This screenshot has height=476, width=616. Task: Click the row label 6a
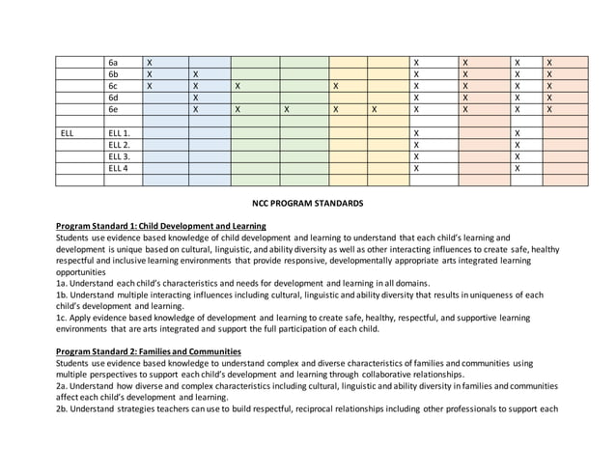(113, 62)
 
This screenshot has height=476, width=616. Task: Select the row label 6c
(113, 85)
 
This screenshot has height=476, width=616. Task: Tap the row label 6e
(113, 109)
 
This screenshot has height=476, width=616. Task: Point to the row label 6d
(113, 98)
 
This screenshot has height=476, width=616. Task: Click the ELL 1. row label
(120, 132)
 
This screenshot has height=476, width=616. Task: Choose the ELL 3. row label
(120, 156)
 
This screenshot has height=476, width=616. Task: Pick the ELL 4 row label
(119, 168)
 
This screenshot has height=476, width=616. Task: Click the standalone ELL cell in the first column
(67, 132)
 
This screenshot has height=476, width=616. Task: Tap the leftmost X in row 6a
(150, 62)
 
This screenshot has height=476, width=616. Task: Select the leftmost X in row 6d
(196, 98)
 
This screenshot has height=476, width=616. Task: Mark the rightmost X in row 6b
(549, 73)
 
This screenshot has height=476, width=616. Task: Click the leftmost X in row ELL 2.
(416, 145)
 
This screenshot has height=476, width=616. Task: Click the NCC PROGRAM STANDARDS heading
(307, 204)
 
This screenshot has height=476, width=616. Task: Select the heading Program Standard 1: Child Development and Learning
(161, 226)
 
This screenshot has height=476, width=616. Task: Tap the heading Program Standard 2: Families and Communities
(149, 351)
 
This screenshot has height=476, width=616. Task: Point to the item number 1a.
(62, 284)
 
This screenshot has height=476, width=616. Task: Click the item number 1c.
(62, 318)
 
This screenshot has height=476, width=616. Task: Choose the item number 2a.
(62, 385)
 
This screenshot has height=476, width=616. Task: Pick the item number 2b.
(62, 408)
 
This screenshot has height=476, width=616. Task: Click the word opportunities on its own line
(85, 272)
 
